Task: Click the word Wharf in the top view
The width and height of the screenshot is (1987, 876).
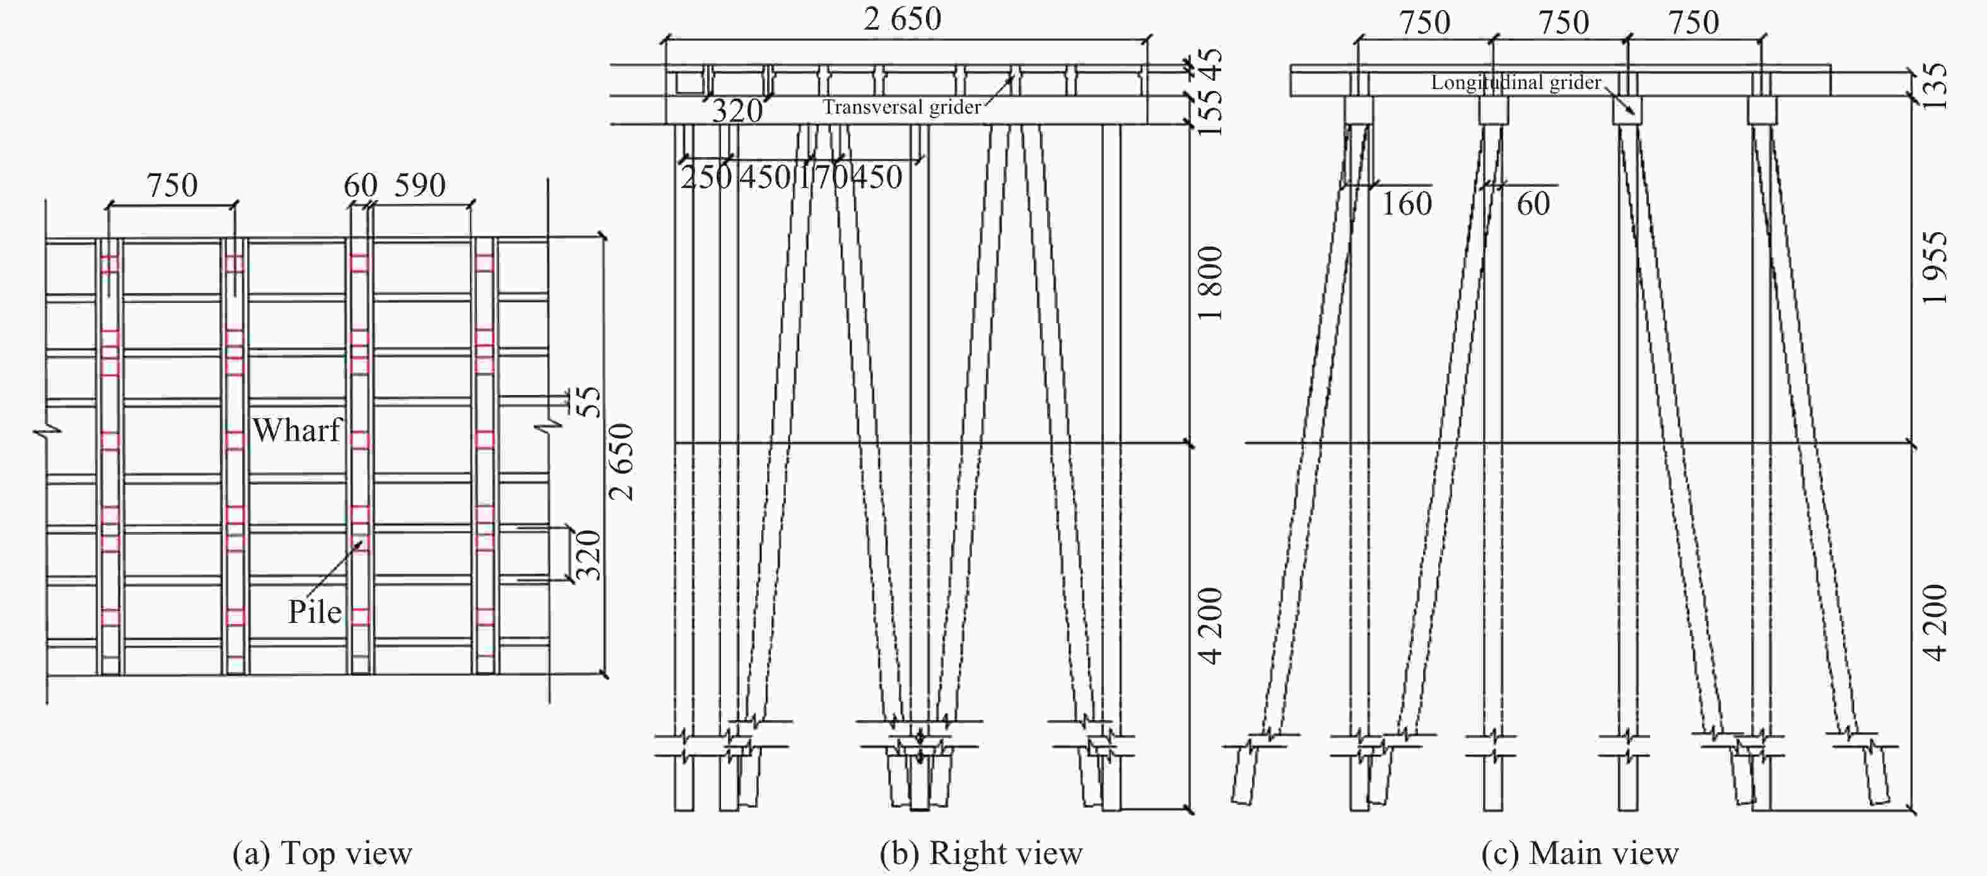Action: pyautogui.click(x=297, y=430)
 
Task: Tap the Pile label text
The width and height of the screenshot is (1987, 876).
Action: pyautogui.click(x=314, y=612)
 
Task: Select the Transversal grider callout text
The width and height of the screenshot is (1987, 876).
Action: pyautogui.click(x=901, y=107)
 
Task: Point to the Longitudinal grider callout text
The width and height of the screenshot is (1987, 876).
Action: pyautogui.click(x=1516, y=83)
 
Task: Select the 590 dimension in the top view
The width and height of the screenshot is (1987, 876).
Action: pyautogui.click(x=419, y=185)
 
